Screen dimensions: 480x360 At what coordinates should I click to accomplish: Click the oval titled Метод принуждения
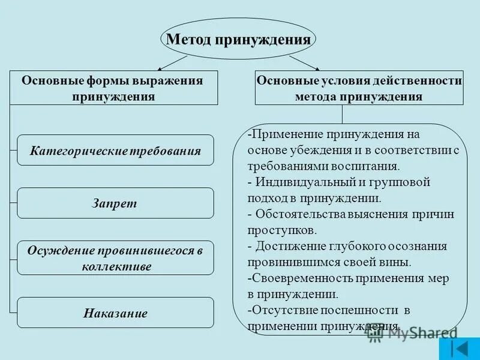[238, 40]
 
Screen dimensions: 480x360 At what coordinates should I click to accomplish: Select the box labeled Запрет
[115, 203]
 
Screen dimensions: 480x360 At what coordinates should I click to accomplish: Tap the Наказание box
[115, 313]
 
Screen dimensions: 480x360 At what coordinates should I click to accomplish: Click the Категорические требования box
[115, 150]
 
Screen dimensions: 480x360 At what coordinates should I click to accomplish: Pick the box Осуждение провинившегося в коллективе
[115, 258]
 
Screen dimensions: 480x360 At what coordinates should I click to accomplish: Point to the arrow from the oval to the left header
[172, 62]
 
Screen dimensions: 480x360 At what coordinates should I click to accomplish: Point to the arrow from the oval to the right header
[303, 62]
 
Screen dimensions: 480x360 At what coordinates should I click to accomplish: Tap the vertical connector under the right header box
[343, 115]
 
